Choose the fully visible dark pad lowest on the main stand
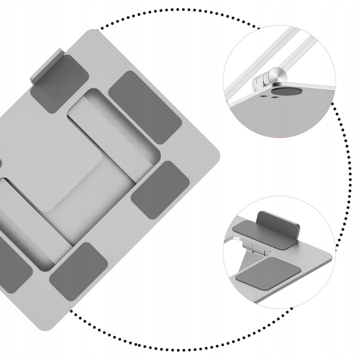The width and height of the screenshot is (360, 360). [79, 265]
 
